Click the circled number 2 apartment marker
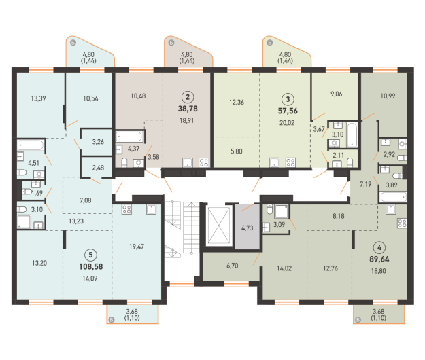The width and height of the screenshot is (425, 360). click(x=188, y=97)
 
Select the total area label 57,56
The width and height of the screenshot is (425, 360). click(x=288, y=111)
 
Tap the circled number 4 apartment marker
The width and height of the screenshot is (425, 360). click(x=379, y=247)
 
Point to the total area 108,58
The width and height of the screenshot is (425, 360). click(x=91, y=266)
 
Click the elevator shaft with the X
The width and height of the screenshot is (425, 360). click(x=218, y=226)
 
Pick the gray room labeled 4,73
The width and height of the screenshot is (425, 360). click(x=248, y=227)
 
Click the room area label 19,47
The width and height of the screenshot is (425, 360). click(x=137, y=247)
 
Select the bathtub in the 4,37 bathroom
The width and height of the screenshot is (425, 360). click(x=129, y=137)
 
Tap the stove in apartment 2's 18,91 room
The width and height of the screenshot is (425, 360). click(x=203, y=162)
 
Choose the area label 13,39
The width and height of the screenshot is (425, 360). click(x=38, y=98)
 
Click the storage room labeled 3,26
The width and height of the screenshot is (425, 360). click(x=97, y=142)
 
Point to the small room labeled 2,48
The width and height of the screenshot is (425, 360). click(x=97, y=168)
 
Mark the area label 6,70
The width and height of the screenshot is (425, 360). click(x=233, y=266)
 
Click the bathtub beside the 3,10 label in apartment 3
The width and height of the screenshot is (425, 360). click(x=352, y=134)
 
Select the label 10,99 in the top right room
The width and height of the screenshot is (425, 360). click(x=388, y=96)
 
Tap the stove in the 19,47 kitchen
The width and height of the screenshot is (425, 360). click(x=126, y=209)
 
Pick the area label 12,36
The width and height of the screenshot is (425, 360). click(x=237, y=102)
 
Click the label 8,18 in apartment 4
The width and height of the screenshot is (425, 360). click(x=339, y=216)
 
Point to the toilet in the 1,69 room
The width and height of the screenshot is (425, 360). click(x=27, y=192)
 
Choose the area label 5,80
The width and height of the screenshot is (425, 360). click(x=237, y=151)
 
